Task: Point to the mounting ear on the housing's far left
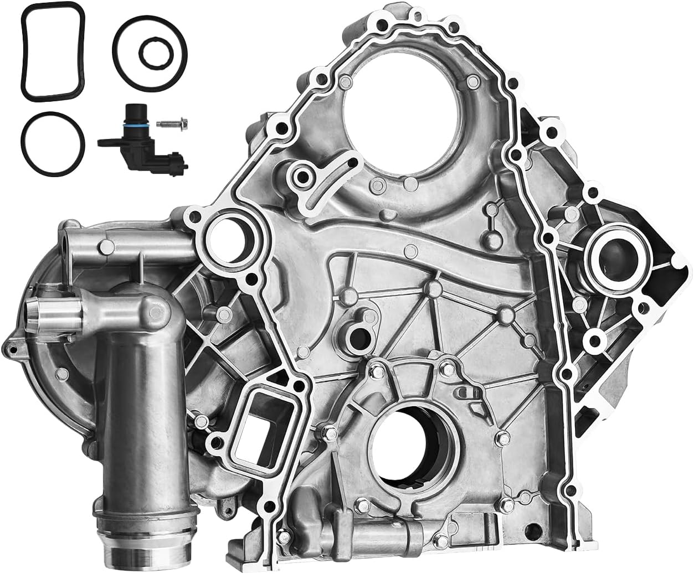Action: pos(12,346)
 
